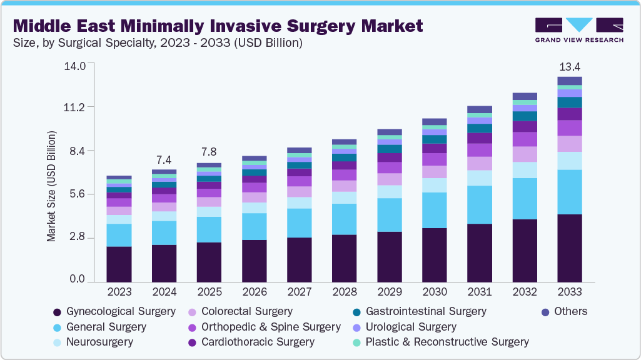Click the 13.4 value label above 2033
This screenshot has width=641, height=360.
click(x=569, y=67)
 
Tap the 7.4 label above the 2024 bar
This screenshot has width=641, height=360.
click(x=164, y=160)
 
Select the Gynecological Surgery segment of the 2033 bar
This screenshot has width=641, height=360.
click(x=569, y=248)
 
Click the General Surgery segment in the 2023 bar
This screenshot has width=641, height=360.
click(x=119, y=235)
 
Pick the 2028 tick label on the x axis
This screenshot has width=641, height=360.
click(x=344, y=292)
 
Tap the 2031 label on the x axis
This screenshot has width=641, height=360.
click(x=479, y=292)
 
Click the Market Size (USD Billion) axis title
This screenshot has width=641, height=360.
click(x=51, y=186)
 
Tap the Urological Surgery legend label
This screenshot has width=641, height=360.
click(x=411, y=327)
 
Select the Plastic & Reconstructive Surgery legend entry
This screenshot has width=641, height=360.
click(x=447, y=342)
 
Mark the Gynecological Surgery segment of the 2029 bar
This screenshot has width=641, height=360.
click(x=389, y=257)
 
